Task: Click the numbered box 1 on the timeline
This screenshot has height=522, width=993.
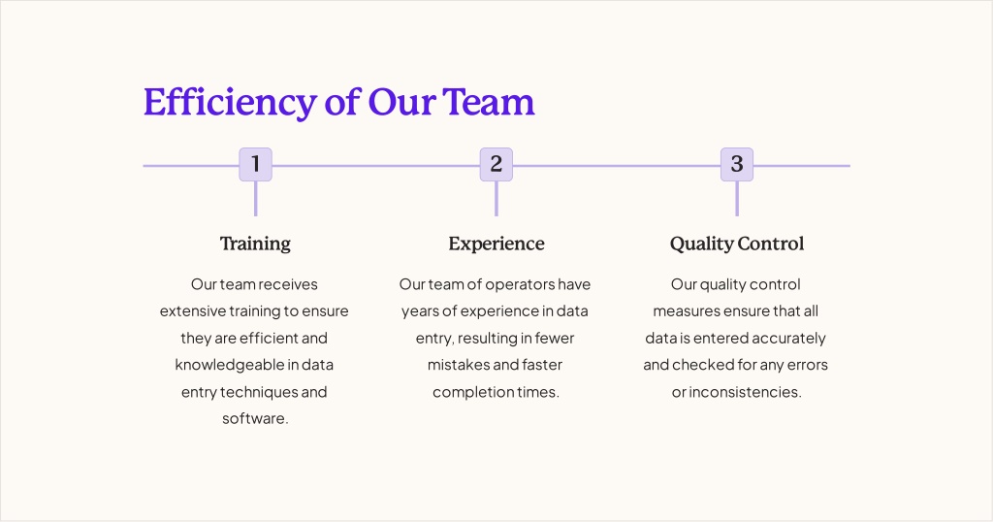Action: pos(255,165)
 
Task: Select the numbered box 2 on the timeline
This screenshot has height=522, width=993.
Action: pos(496,165)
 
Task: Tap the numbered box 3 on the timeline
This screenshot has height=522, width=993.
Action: pos(737,165)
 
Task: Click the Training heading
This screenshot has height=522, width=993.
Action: pos(255,244)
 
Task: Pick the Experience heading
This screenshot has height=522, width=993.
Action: pos(496,244)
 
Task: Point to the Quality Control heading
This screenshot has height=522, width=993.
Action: pos(737,244)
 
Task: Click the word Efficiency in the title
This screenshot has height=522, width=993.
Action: pos(229,103)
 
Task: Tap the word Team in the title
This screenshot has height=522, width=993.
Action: pos(489,103)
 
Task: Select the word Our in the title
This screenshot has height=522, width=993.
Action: pos(401,103)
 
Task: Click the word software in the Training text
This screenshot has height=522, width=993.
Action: pos(254,419)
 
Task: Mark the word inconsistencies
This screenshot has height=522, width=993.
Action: pos(745,392)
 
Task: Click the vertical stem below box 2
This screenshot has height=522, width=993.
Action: pos(496,199)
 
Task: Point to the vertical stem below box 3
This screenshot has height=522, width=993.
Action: pos(737,199)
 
